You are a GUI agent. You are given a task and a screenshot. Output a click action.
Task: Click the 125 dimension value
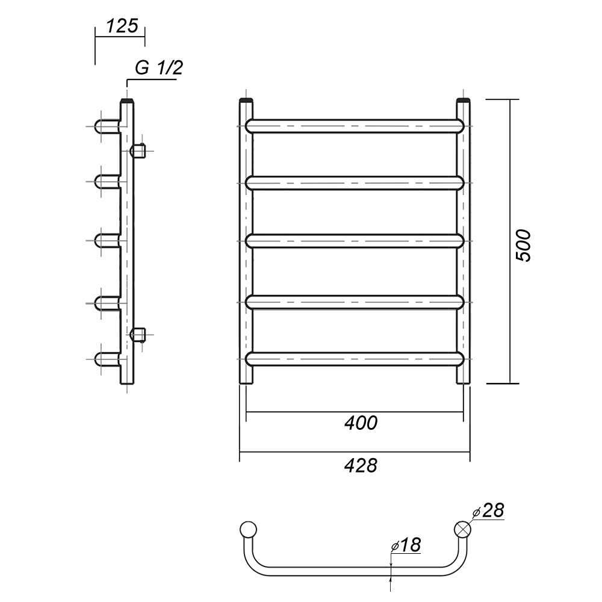[122, 26]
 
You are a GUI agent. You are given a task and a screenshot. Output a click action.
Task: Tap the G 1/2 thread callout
[158, 68]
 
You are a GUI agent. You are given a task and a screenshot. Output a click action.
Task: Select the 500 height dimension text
[523, 246]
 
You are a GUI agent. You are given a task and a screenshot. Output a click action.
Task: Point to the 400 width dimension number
[361, 423]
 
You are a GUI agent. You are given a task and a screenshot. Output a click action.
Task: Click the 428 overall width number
[361, 465]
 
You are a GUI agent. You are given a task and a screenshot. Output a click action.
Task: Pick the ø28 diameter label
[488, 510]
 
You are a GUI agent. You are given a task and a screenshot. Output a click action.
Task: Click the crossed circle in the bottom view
[462, 529]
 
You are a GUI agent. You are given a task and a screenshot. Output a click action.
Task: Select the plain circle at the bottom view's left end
[248, 529]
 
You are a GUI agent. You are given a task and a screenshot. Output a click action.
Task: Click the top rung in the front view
[355, 126]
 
